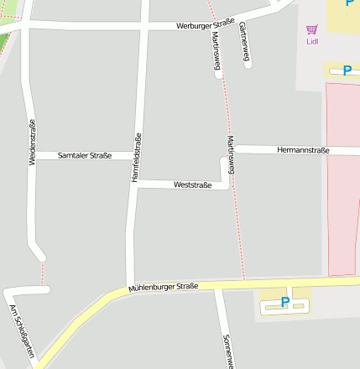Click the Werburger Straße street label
pos(205,25)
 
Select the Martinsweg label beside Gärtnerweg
pos(217,48)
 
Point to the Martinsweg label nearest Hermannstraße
pos(231,154)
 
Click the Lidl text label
pos(312,41)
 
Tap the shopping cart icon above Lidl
pos(312,29)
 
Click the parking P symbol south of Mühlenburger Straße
pos(285,302)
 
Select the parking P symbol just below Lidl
pos(347,71)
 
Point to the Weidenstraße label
pos(33,142)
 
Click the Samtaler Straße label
pos(85,156)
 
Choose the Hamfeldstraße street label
pos(136,158)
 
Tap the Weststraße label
pos(192,184)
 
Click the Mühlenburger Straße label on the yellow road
pos(164,288)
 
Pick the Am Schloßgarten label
pos(22,332)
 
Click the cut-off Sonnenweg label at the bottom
pos(227,351)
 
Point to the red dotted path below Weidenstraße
pos(43,273)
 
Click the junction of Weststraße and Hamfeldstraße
pos(134,184)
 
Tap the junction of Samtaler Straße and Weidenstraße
pos(33,156)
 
